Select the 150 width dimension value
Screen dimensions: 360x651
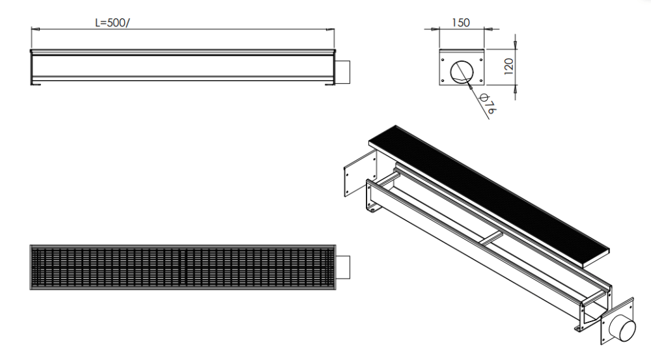pyautogui.click(x=460, y=23)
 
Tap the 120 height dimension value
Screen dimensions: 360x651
pyautogui.click(x=509, y=65)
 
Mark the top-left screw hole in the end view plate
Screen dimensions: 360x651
pyautogui.click(x=444, y=56)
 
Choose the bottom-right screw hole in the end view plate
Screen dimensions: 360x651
pyautogui.click(x=481, y=82)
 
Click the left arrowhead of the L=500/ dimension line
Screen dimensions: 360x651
pyautogui.click(x=34, y=29)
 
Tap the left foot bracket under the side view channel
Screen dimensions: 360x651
pyautogui.click(x=38, y=82)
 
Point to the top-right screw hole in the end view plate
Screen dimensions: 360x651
pyautogui.click(x=481, y=56)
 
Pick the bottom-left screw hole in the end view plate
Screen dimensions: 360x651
pyautogui.click(x=444, y=82)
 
